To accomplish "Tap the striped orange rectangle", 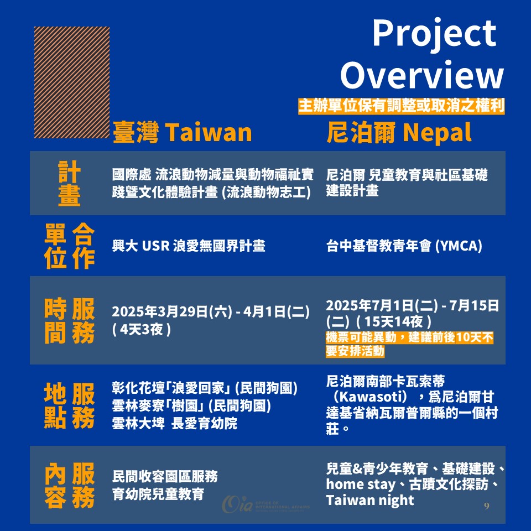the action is click(x=72, y=82).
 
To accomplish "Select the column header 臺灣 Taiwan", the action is click(x=182, y=132).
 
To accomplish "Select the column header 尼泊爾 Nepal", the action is click(x=399, y=132).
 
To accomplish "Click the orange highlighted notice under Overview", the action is click(x=402, y=106).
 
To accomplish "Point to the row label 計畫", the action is click(x=69, y=183).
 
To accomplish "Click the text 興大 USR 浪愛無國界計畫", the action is click(x=189, y=246).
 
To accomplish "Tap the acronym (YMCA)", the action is click(x=458, y=246).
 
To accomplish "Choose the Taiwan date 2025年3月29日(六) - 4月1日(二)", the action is click(x=211, y=312).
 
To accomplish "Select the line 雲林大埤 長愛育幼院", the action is click(x=175, y=423).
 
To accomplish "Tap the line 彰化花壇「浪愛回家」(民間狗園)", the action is click(x=205, y=388).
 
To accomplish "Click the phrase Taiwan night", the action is click(x=370, y=500).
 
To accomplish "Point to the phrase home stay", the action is click(x=360, y=485).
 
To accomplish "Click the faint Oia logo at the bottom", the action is click(x=265, y=504).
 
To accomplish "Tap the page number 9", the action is click(x=487, y=506).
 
